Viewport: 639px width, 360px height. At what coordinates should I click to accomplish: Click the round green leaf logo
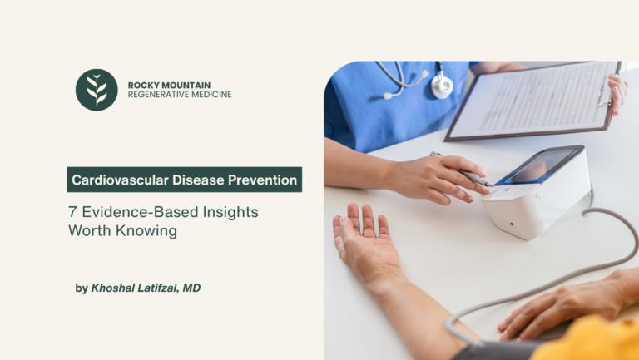coord(97,90)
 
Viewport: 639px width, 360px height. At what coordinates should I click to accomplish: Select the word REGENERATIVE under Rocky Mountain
coord(155,95)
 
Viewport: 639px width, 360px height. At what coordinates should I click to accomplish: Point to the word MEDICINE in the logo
coord(207,95)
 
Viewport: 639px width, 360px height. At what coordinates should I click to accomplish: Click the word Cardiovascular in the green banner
coord(120,180)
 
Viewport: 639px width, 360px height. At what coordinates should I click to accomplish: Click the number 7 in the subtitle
coord(72,212)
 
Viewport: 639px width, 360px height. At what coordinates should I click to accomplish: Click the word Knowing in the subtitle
coord(146,231)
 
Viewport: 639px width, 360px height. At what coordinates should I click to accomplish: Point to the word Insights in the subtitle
coord(230,212)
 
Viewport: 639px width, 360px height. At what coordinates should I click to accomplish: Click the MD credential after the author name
coord(191,288)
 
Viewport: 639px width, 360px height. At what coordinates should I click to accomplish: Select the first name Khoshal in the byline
coord(113,288)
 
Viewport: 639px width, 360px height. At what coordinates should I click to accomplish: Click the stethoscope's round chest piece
coord(442,86)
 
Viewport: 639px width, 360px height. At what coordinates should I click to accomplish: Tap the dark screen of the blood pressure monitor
coord(539,165)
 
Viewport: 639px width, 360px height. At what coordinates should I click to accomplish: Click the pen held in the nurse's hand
coord(460,170)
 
